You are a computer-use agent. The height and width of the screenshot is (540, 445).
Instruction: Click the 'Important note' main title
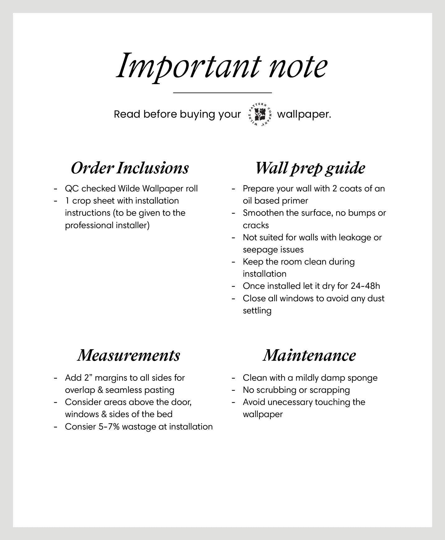[222, 66]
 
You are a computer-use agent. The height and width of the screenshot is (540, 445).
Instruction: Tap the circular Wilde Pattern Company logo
[259, 114]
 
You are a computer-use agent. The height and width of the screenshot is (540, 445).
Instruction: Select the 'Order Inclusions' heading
[130, 168]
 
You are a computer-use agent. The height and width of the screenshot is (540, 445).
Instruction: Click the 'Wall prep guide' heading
[310, 168]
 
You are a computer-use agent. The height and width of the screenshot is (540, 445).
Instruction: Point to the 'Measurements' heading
[129, 355]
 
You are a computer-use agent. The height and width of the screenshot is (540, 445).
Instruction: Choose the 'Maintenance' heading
[309, 355]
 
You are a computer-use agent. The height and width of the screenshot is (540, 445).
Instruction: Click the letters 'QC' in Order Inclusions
[72, 189]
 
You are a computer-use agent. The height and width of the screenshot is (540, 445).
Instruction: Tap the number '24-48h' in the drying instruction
[365, 286]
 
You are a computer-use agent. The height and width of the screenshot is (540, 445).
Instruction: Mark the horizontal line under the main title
[222, 93]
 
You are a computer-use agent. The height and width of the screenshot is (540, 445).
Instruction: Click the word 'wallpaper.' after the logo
[304, 115]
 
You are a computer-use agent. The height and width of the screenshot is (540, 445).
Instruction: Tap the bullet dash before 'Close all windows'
[234, 299]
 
